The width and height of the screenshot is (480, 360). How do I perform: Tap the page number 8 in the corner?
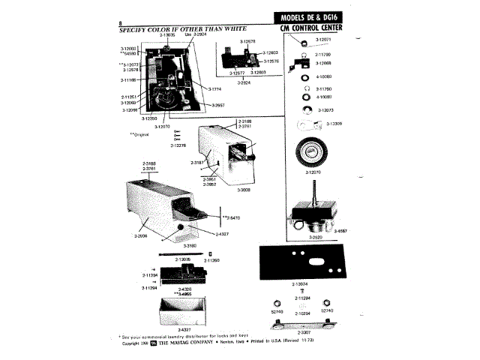(x=121, y=26)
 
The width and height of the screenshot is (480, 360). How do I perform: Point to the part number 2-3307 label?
(x=304, y=331)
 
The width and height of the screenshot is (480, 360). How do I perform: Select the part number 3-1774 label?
(x=203, y=89)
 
